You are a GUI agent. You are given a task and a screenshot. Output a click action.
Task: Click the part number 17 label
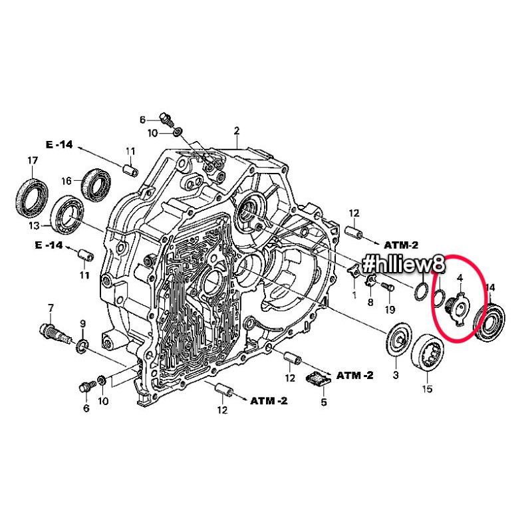pyautogui.click(x=33, y=160)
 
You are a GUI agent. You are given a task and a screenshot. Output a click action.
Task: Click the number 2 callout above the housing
pyautogui.click(x=237, y=130)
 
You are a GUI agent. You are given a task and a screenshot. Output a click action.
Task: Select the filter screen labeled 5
pyautogui.click(x=319, y=378)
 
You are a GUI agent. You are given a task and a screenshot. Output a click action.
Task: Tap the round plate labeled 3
pyautogui.click(x=400, y=340)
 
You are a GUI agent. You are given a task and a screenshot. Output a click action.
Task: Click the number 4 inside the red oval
pyautogui.click(x=460, y=278)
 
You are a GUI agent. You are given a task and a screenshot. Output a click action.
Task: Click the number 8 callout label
pyautogui.click(x=370, y=302)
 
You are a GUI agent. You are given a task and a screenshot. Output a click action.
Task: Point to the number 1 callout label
pyautogui.click(x=354, y=295)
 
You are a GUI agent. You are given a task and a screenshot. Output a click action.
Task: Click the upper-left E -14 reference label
pyautogui.click(x=59, y=144)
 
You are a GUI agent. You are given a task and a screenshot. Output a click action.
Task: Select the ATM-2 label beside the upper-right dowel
pyautogui.click(x=401, y=245)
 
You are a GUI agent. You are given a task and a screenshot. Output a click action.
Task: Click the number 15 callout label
pyautogui.click(x=427, y=389)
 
